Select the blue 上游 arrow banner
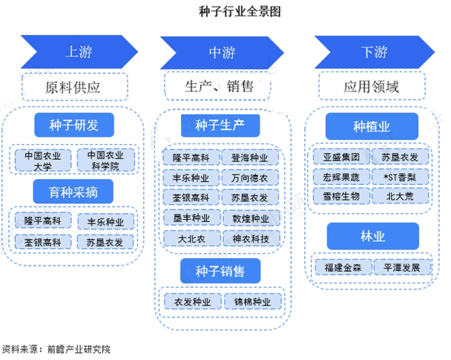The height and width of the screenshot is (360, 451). click(x=79, y=52)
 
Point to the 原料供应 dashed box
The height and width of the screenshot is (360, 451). click(x=75, y=87)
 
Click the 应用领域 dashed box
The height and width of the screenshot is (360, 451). click(x=371, y=87)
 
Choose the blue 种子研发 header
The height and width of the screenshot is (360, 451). click(x=73, y=125)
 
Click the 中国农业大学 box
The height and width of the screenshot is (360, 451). click(x=43, y=160)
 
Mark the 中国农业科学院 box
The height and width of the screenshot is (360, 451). click(x=106, y=160)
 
